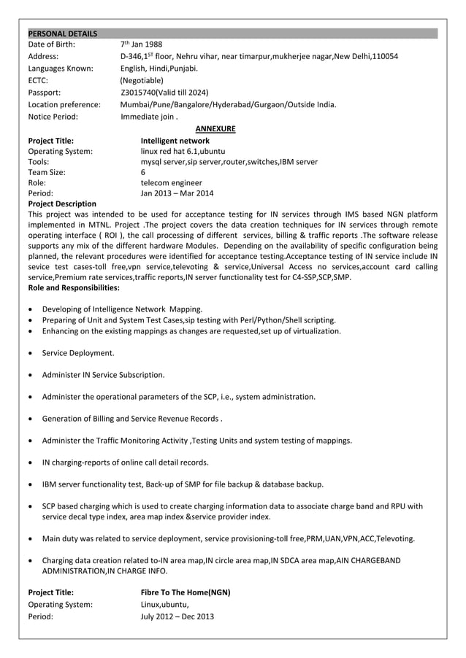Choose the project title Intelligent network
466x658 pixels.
pos(175,141)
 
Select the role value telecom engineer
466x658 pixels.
pos(171,183)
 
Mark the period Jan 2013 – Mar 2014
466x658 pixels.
pos(177,194)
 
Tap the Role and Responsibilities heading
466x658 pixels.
pos(73,288)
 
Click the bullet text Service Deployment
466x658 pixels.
pos(78,353)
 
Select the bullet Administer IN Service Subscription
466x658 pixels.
pos(103,375)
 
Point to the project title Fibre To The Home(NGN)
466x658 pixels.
pos(185,592)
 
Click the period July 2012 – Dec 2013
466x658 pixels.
pos(177,616)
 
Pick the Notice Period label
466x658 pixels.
pos(53,116)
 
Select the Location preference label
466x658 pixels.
pos(64,104)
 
